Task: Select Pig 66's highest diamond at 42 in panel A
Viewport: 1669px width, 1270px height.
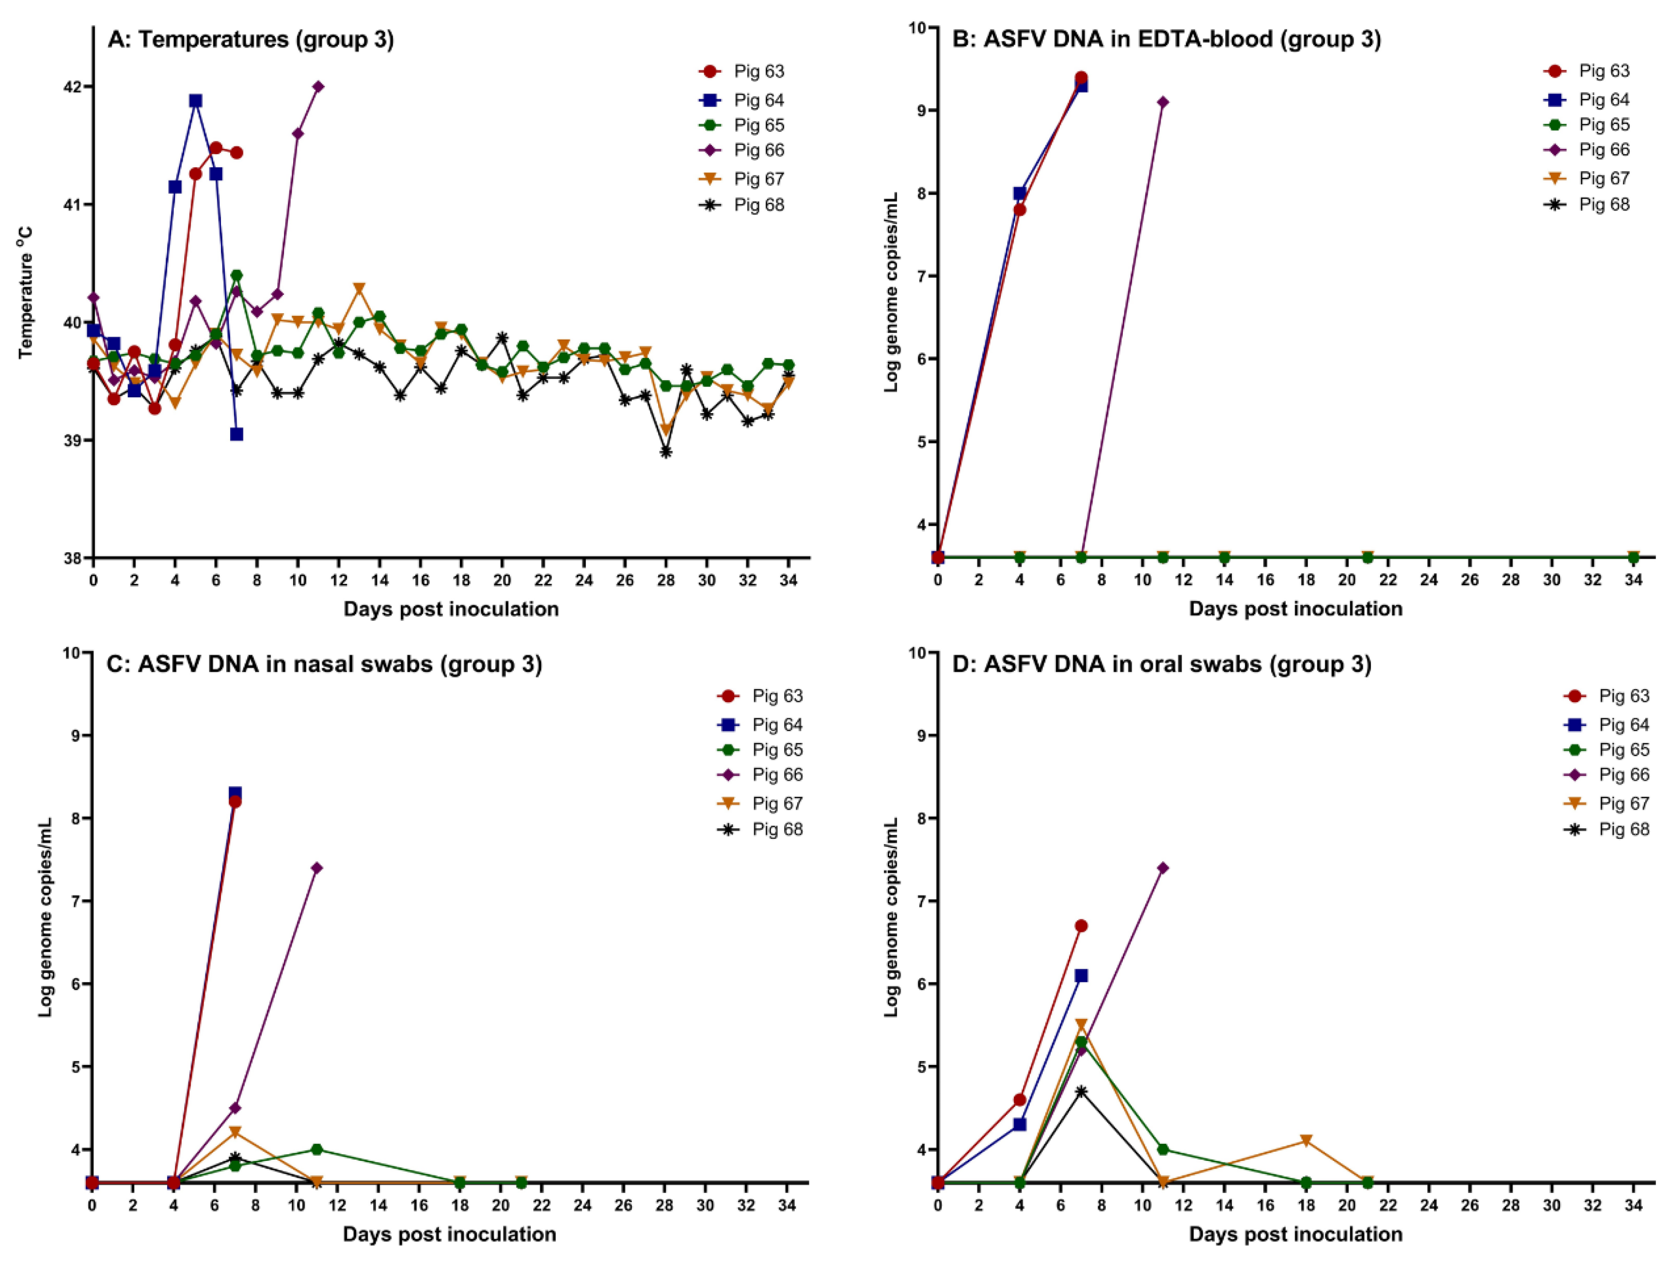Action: pos(318,86)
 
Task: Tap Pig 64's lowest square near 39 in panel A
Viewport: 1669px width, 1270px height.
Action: pos(236,434)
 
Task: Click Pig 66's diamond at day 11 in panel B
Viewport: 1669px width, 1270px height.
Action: pos(1163,102)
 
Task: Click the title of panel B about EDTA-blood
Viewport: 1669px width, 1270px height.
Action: pos(1166,39)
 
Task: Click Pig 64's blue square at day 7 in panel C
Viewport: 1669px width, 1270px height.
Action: pos(235,793)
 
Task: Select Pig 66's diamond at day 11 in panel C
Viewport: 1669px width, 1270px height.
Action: pos(316,868)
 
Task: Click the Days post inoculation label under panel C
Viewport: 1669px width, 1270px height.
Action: pos(450,1234)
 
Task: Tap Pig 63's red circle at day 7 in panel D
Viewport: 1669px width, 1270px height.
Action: pos(1081,925)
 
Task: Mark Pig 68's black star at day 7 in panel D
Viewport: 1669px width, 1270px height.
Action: pos(1081,1092)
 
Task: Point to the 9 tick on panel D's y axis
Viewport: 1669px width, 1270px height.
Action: pos(923,736)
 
